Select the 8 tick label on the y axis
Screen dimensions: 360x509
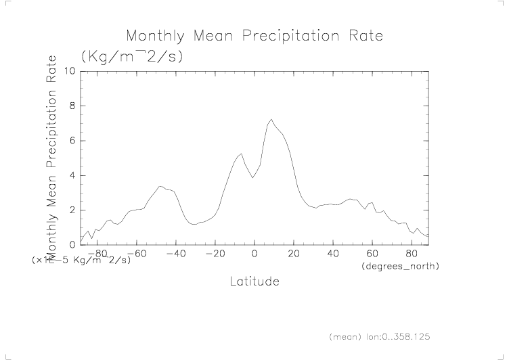pos(73,106)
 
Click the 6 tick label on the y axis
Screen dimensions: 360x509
pos(73,141)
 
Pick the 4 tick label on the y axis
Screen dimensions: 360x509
pos(73,175)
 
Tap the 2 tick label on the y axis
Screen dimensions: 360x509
pos(73,210)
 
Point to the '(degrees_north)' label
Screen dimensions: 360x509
pos(400,267)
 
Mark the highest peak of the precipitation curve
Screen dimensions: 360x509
pos(271,120)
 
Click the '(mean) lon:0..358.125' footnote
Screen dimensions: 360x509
pos(380,336)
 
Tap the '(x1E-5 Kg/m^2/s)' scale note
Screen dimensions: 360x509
pos(81,260)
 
